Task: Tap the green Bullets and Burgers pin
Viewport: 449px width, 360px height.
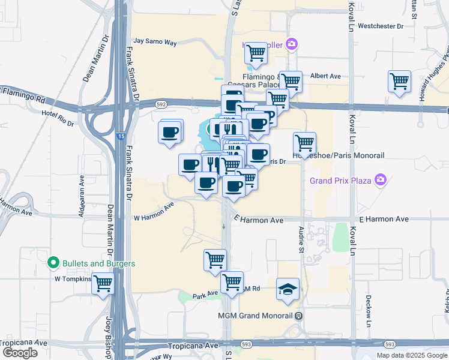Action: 53,263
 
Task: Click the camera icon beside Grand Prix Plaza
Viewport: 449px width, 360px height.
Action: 380,179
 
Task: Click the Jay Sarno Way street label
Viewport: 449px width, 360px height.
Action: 155,42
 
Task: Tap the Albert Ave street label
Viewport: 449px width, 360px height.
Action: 325,76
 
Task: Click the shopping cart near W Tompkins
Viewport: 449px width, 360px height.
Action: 103,283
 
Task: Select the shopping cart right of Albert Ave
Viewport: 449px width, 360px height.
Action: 399,81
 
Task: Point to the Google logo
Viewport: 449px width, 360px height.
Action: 20,353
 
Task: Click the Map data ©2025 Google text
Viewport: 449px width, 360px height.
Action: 411,355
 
